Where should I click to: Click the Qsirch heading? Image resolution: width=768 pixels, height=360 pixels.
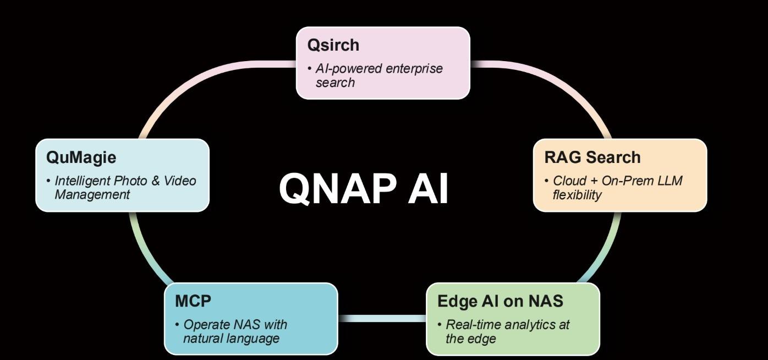pyautogui.click(x=333, y=45)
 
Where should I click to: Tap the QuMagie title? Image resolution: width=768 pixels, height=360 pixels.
pyautogui.click(x=81, y=157)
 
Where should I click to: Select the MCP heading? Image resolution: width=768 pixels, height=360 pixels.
pyautogui.click(x=193, y=301)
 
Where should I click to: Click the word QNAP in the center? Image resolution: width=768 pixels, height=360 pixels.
pyautogui.click(x=337, y=188)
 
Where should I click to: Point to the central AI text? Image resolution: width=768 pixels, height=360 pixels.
pyautogui.click(x=428, y=188)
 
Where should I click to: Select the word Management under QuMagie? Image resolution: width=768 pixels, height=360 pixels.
pyautogui.click(x=92, y=194)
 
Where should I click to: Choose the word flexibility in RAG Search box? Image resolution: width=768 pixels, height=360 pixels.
pyautogui.click(x=577, y=195)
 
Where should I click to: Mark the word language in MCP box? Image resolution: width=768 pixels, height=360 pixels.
pyautogui.click(x=254, y=338)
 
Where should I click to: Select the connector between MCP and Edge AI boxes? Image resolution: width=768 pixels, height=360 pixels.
pyautogui.click(x=382, y=318)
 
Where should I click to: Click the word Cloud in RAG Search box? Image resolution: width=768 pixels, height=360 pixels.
pyautogui.click(x=570, y=181)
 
